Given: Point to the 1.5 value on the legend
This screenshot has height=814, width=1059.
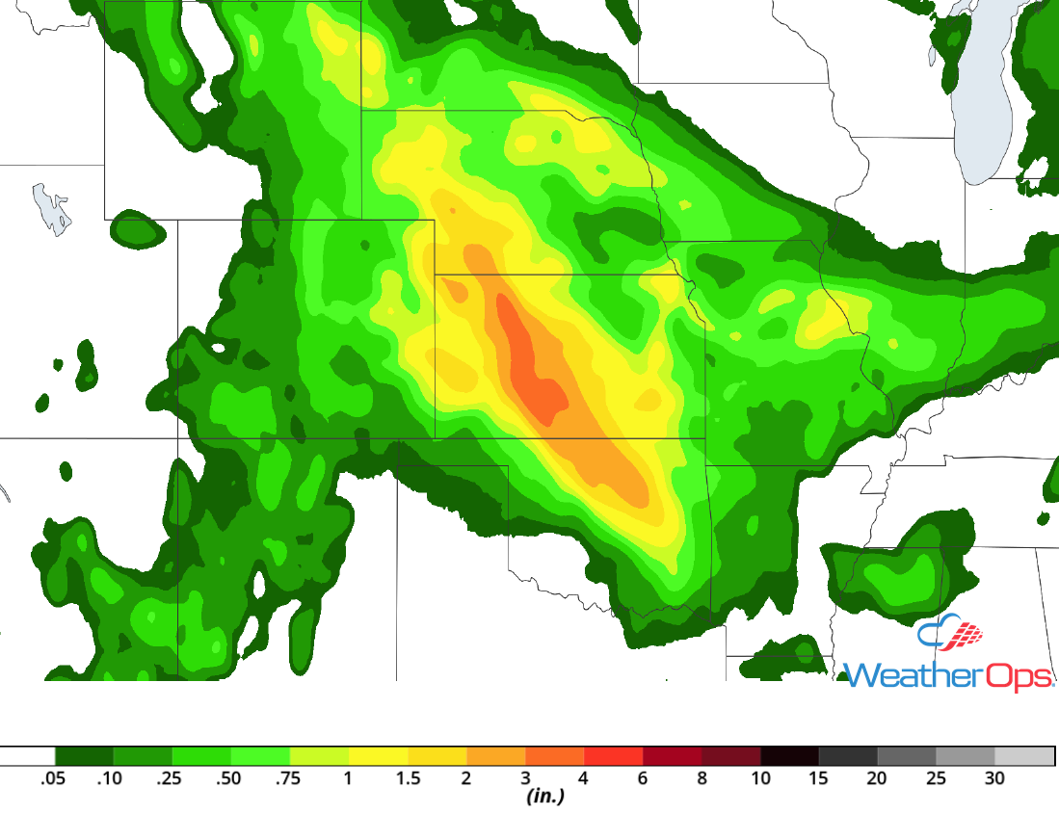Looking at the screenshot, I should (409, 778).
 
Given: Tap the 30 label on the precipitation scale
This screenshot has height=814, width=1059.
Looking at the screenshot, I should (994, 778).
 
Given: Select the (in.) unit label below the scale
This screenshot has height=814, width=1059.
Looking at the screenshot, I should (544, 798).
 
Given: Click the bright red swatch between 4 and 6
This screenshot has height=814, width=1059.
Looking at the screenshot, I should (614, 756).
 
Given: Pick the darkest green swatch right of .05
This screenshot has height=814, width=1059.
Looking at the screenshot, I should (84, 756).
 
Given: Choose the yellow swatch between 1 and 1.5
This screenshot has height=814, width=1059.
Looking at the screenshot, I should (379, 756).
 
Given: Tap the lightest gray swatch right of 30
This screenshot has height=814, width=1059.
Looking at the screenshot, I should (1024, 756).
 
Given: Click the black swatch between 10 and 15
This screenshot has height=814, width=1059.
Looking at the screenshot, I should (789, 756).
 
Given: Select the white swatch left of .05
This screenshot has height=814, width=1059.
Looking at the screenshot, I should (27, 756).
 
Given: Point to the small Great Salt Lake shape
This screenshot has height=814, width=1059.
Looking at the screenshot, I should (52, 209).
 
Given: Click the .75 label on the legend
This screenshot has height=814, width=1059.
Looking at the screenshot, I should (289, 778).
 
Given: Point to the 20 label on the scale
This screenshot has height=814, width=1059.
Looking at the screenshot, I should (877, 778).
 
